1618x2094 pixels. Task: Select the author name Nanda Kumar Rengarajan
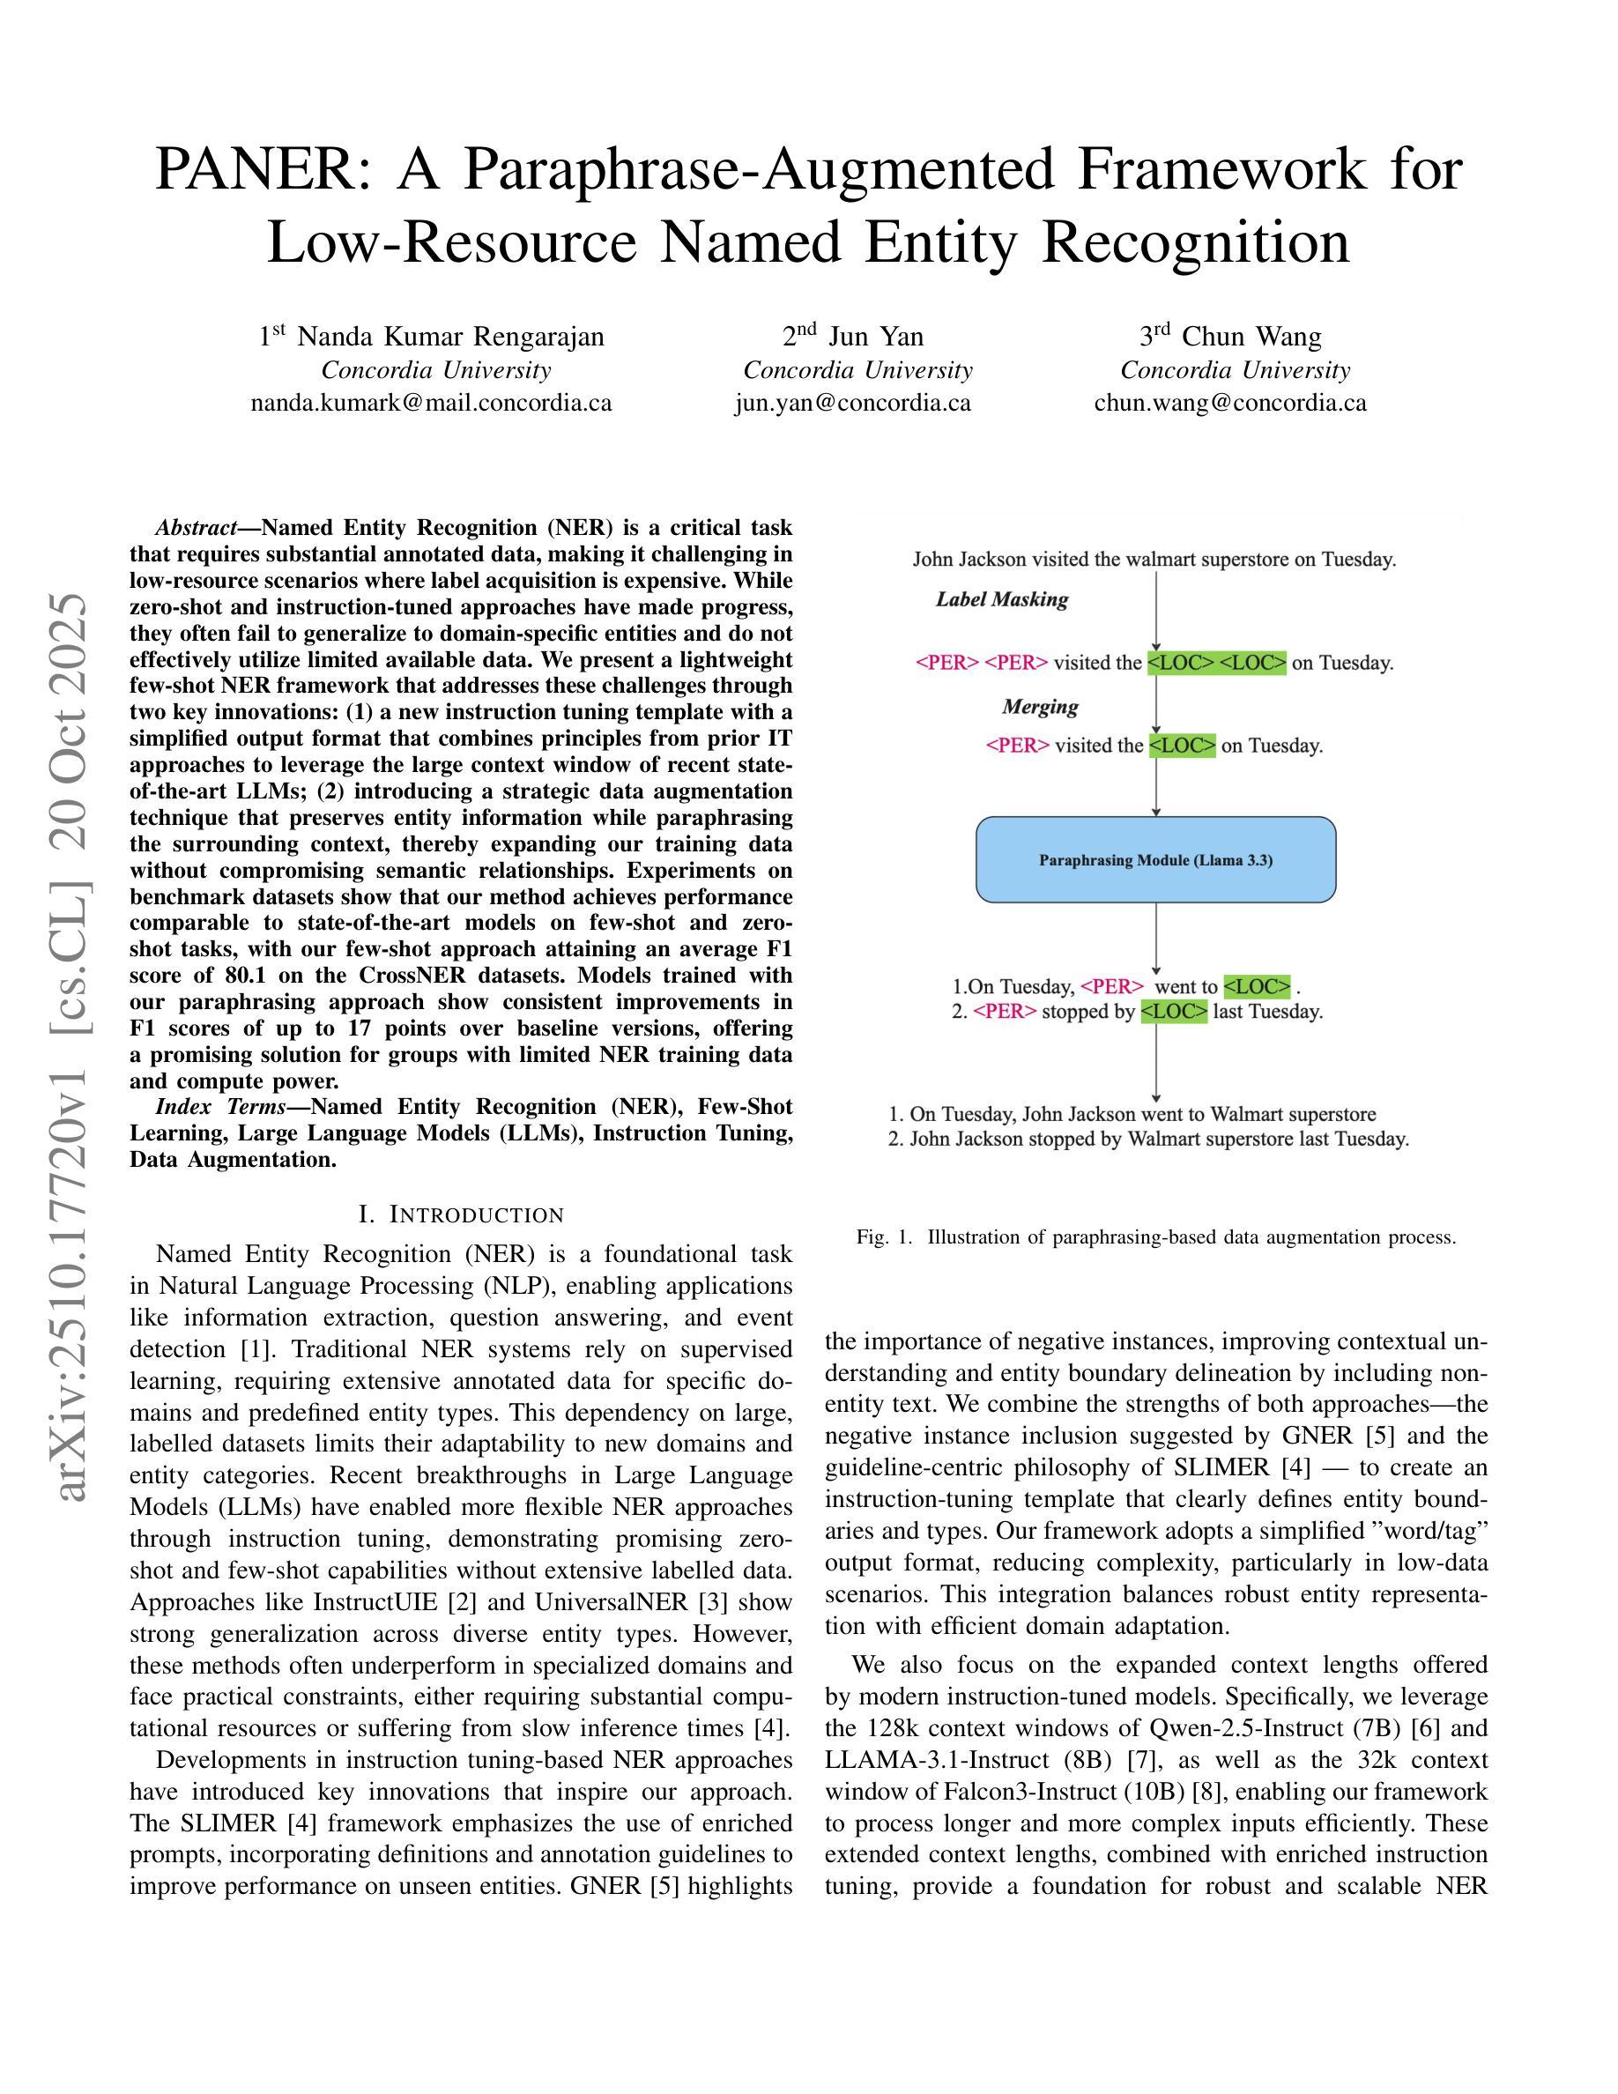click(x=450, y=337)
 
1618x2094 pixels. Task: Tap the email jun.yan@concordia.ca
click(x=853, y=403)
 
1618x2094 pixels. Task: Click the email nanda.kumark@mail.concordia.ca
click(x=431, y=403)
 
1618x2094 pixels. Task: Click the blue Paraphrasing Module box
click(x=1155, y=860)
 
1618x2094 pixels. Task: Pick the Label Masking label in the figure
click(x=1002, y=599)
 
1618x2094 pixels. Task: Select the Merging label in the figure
click(x=1040, y=707)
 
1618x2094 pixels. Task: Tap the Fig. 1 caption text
click(x=1156, y=1236)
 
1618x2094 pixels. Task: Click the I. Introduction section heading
click(x=461, y=1214)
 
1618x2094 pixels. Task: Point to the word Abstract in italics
click(x=197, y=528)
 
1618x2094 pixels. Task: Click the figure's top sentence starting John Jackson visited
click(x=1154, y=559)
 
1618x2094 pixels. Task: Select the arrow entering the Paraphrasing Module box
click(x=1156, y=786)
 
